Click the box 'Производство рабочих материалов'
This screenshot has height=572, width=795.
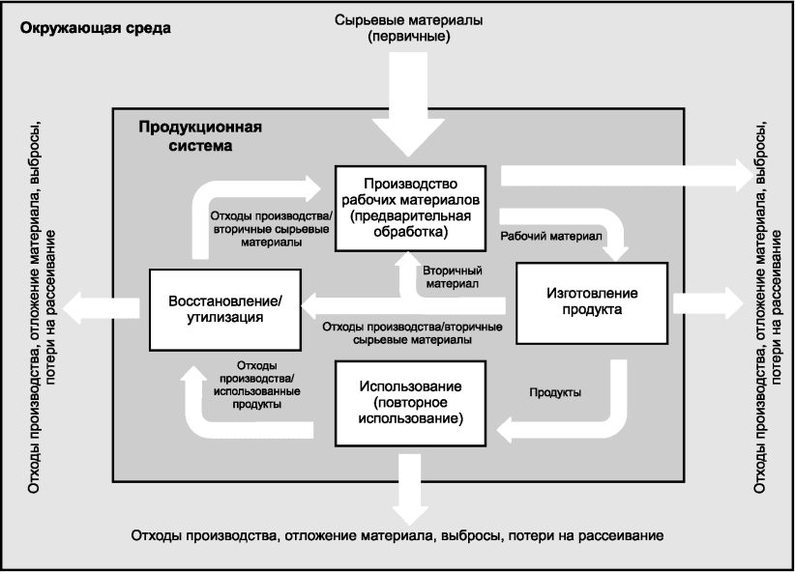pos(410,207)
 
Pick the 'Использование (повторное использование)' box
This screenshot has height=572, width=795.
pos(410,403)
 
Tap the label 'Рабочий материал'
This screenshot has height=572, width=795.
pos(550,236)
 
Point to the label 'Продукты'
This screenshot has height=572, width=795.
pos(555,392)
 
